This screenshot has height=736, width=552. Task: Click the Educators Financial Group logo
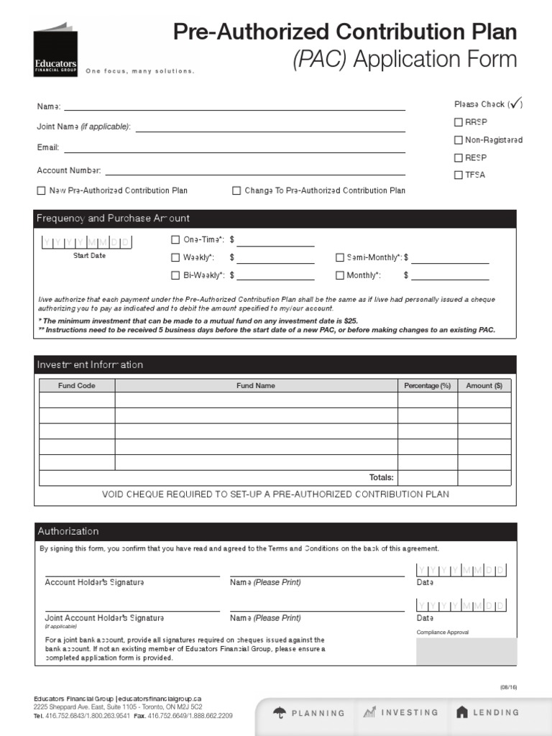coord(55,50)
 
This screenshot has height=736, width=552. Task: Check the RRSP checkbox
coord(458,122)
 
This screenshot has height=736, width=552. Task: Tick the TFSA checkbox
coord(458,175)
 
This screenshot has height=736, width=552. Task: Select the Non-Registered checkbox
coord(458,140)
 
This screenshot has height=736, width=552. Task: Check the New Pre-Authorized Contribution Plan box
coord(41,190)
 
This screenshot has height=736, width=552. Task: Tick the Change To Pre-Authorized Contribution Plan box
coord(236,190)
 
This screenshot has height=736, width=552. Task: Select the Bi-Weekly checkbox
coord(175,275)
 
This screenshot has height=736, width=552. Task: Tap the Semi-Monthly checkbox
coord(340,257)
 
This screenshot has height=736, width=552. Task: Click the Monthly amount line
coord(450,277)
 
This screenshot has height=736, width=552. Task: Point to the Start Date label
coord(89,255)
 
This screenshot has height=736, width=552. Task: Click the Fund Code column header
coord(77,385)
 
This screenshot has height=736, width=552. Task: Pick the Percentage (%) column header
coord(427,385)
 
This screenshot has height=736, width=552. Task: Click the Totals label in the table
coord(381,477)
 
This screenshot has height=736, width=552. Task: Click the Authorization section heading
coord(68,531)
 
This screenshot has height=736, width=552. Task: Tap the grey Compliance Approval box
coord(466,651)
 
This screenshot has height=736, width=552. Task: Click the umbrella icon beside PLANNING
coord(279,712)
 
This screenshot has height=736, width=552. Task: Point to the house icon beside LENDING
coord(462,712)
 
